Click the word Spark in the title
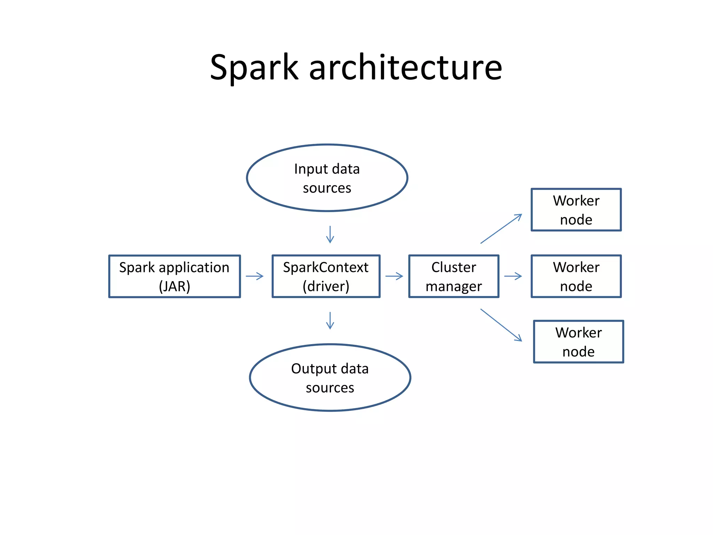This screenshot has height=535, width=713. click(x=254, y=68)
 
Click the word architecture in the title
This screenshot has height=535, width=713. click(x=406, y=68)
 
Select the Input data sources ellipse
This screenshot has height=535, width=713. click(x=327, y=178)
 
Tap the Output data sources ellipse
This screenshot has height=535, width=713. click(x=330, y=378)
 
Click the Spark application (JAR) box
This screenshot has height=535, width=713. click(x=174, y=276)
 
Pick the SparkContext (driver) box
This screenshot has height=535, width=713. click(x=326, y=276)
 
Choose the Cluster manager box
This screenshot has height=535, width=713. click(x=454, y=276)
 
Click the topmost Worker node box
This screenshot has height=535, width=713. click(x=576, y=210)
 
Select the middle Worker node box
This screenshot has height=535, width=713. click(x=576, y=276)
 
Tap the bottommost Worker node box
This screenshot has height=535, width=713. click(x=578, y=342)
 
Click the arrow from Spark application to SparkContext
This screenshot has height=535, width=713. click(x=254, y=276)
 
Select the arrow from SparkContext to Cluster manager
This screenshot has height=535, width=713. click(x=394, y=276)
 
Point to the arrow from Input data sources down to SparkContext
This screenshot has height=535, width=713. click(x=330, y=234)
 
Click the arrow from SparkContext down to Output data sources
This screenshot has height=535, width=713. click(x=330, y=320)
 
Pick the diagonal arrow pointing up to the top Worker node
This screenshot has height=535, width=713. click(x=501, y=228)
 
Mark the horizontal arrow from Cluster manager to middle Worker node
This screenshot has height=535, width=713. click(x=513, y=276)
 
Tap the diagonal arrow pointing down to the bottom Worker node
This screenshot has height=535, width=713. click(x=501, y=325)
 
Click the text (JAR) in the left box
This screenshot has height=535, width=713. click(x=174, y=286)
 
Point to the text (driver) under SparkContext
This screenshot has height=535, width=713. click(x=326, y=286)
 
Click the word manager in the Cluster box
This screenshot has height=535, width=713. click(x=454, y=286)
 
